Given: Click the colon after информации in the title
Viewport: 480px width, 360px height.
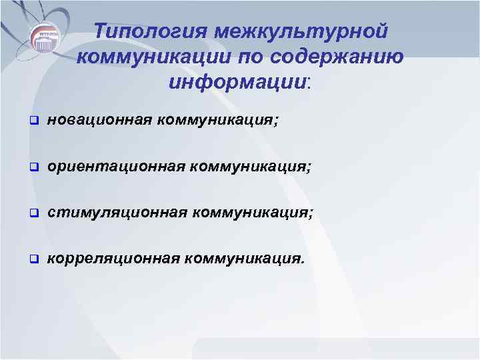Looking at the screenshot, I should click(309, 83).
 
